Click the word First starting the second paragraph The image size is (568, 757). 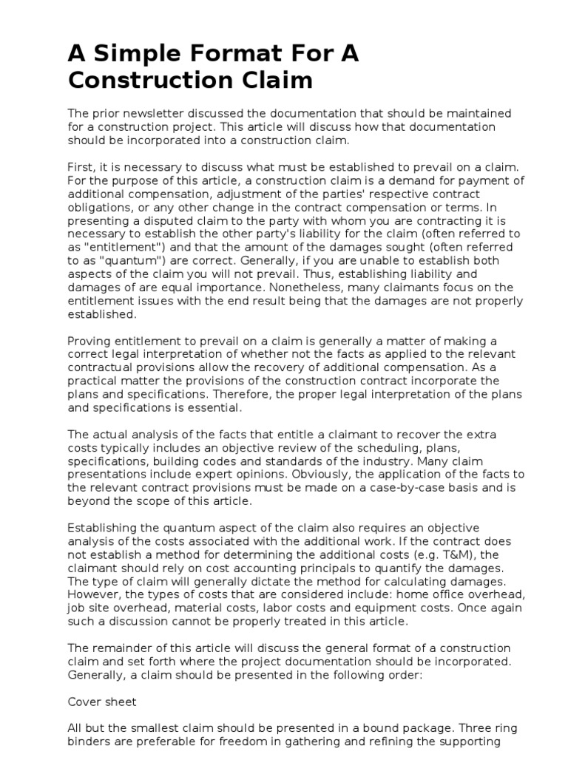coord(81,168)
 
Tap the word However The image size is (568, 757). coord(93,594)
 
